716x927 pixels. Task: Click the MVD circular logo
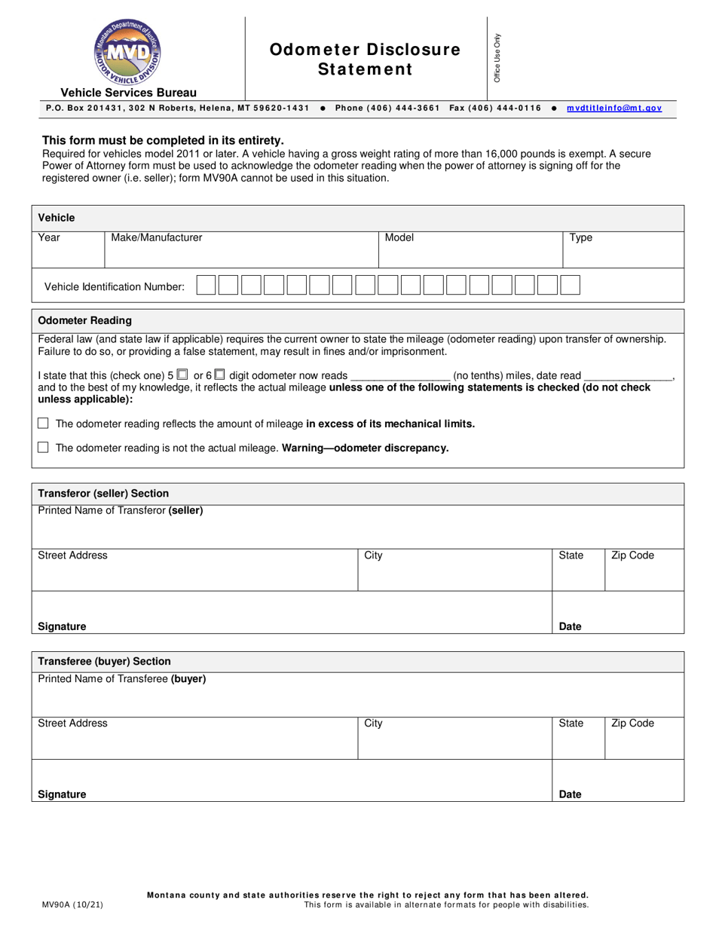tap(127, 51)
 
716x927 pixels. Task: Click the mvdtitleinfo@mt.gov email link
tap(613, 108)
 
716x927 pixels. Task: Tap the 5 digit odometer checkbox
tap(182, 374)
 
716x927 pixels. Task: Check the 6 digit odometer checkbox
tap(219, 374)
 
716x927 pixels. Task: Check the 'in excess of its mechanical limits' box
tap(43, 423)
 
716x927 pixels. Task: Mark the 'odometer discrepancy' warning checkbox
tap(43, 447)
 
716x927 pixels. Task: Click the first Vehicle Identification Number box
tap(207, 285)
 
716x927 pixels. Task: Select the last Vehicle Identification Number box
tap(571, 285)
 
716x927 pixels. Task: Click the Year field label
tap(49, 237)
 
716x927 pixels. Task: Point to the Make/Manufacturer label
tap(157, 237)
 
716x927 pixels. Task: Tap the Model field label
tap(399, 237)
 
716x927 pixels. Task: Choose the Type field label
tap(580, 237)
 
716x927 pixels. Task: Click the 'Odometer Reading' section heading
tap(84, 320)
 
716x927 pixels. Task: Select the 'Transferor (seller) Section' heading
tap(103, 493)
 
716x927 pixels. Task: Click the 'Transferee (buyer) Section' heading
tap(104, 661)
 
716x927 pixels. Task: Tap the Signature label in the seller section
tap(62, 626)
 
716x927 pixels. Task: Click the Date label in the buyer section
tap(571, 794)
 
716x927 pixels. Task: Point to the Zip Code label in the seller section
tap(632, 555)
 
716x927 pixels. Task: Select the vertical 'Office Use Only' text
tap(497, 58)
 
